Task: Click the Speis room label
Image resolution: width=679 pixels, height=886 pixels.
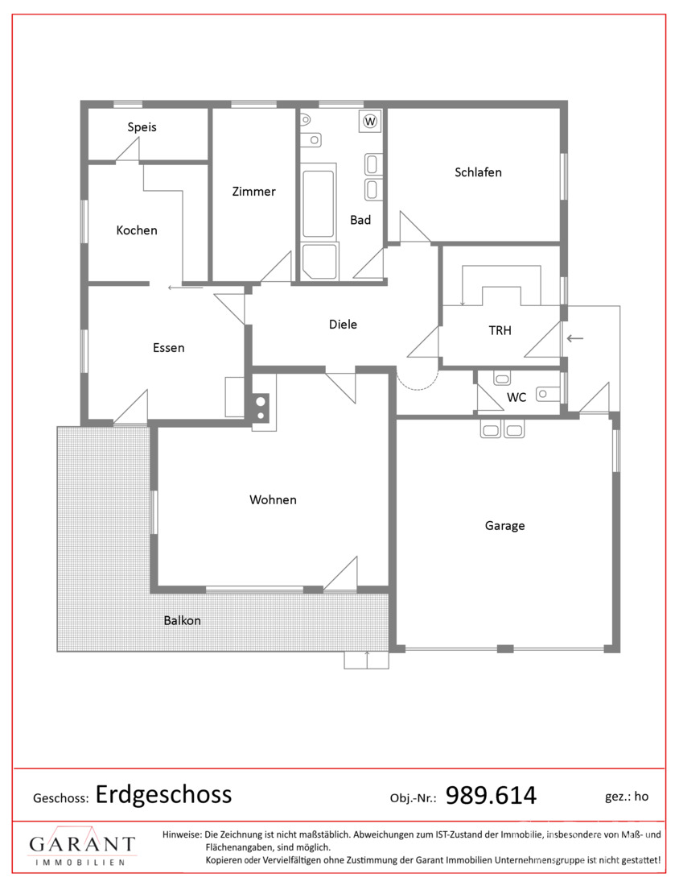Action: pos(142,127)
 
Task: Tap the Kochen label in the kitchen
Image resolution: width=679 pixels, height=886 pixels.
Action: pos(137,230)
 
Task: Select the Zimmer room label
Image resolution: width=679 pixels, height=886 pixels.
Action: pos(254,192)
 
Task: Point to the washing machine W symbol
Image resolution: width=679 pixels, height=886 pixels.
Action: pos(370,121)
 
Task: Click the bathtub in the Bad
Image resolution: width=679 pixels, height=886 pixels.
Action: pos(319,203)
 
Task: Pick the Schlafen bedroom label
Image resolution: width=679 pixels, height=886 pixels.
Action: pos(478,172)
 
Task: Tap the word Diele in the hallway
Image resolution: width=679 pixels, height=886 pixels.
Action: pos(344,325)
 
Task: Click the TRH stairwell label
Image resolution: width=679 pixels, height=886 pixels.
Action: pos(500,330)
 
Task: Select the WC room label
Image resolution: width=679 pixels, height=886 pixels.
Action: pos(516,397)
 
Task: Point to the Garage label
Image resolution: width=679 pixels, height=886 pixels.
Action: pos(504,525)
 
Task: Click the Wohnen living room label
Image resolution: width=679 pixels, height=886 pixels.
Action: pos(273,499)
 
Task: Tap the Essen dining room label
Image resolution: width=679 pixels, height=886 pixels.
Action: pos(169,347)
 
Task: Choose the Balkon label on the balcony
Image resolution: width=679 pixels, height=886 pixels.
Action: pos(183,620)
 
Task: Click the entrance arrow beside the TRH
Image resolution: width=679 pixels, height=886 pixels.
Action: pos(575,338)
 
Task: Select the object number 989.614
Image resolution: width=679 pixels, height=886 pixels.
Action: pos(491,795)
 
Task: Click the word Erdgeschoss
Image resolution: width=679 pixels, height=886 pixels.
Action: pos(163,794)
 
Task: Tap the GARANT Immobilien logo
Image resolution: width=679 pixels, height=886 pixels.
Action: pos(82,847)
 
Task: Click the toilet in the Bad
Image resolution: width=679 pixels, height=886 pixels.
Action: pos(306,120)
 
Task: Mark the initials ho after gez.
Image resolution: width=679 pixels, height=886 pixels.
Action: pos(641,796)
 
